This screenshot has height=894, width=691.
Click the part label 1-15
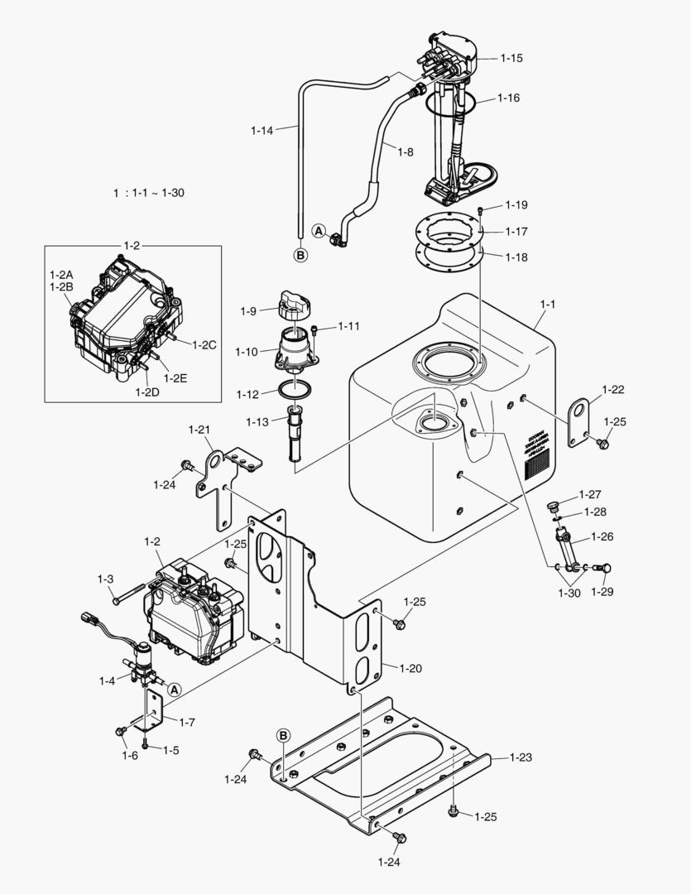[x=511, y=58]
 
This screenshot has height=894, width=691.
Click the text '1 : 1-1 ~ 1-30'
[x=149, y=193]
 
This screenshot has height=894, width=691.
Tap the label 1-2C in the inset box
[x=204, y=344]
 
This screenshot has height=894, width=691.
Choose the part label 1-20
[x=410, y=667]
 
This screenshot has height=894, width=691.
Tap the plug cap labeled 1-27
[x=554, y=507]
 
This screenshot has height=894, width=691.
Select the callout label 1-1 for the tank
[x=547, y=304]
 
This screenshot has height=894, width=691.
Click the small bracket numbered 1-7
[x=154, y=707]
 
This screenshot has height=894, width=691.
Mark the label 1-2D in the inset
[x=147, y=392]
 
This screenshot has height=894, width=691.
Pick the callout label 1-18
[x=516, y=257]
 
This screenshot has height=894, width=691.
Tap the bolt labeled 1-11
[x=316, y=331]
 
